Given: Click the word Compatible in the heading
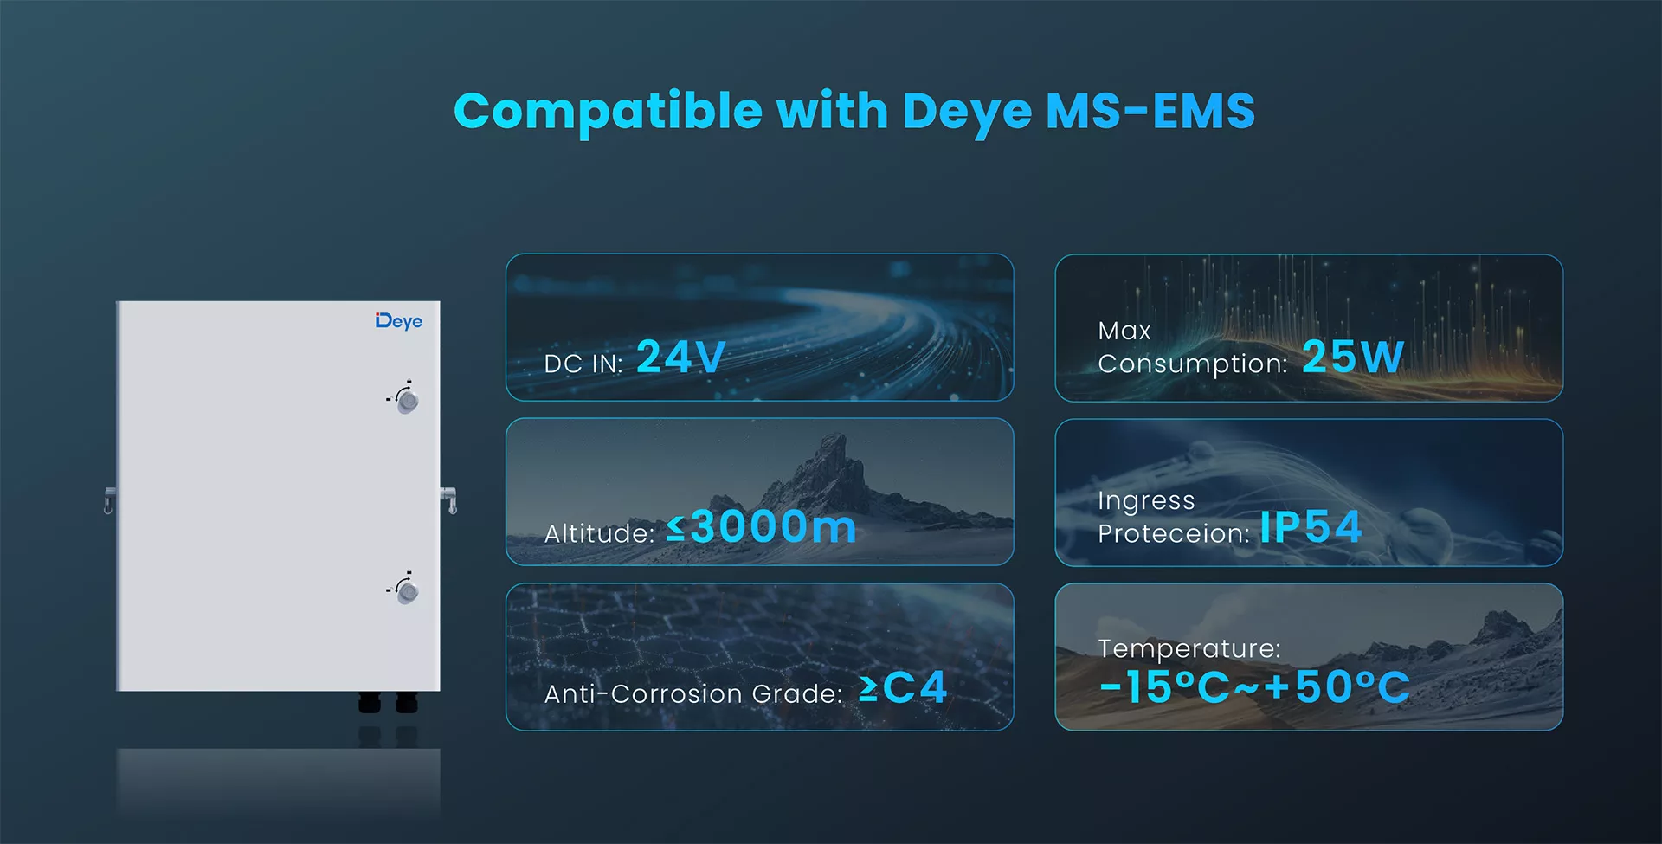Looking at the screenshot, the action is tap(609, 113).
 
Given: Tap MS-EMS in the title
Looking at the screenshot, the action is tap(1150, 111).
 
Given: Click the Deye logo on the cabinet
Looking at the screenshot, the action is tap(399, 321).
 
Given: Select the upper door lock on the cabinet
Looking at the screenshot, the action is tap(405, 398).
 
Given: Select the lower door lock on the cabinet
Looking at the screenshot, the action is tap(405, 590).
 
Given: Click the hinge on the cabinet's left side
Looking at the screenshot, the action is tap(109, 499).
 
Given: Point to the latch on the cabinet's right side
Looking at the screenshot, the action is tap(449, 499).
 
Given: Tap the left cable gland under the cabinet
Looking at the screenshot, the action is tap(370, 702).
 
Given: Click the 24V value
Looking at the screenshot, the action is tap(680, 357).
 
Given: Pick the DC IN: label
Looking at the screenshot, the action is tap(583, 364).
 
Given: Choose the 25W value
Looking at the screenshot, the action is tap(1353, 357).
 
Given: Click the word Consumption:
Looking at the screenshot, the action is tap(1193, 364).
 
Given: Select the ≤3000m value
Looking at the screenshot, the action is tap(762, 526).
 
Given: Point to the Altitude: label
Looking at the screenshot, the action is tap(599, 533).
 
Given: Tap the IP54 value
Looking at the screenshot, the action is tap(1311, 526).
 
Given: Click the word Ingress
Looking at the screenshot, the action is tap(1146, 501).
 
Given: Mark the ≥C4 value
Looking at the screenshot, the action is tap(903, 688).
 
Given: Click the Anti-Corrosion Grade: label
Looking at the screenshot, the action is tap(693, 693).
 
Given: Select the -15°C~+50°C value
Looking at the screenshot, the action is tap(1254, 687).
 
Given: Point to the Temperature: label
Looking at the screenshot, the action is tap(1189, 648).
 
